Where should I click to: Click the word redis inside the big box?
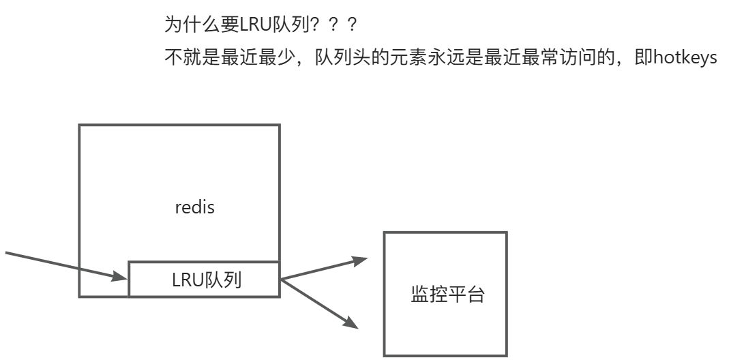click(195, 207)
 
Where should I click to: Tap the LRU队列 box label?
click(206, 280)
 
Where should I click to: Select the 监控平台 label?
click(447, 295)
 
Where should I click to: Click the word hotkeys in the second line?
click(685, 58)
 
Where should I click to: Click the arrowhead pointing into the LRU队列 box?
click(122, 275)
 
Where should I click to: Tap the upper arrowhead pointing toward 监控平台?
click(360, 260)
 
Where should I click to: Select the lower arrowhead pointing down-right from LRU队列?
click(352, 322)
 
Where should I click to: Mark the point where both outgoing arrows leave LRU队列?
click(281, 279)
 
